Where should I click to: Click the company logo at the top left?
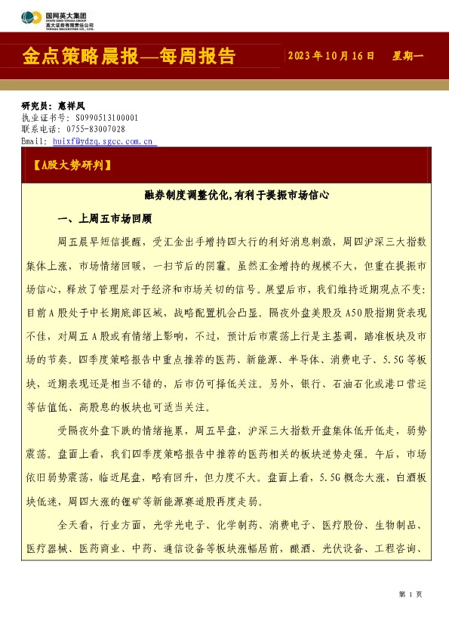click(x=32, y=16)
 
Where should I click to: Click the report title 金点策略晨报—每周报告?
click(x=129, y=57)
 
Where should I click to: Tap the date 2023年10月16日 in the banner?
click(x=331, y=57)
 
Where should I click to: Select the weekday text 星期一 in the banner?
click(x=409, y=57)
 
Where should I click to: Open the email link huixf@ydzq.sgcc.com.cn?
click(x=103, y=140)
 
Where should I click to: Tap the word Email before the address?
click(x=34, y=140)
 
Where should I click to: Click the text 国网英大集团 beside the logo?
click(x=66, y=14)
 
